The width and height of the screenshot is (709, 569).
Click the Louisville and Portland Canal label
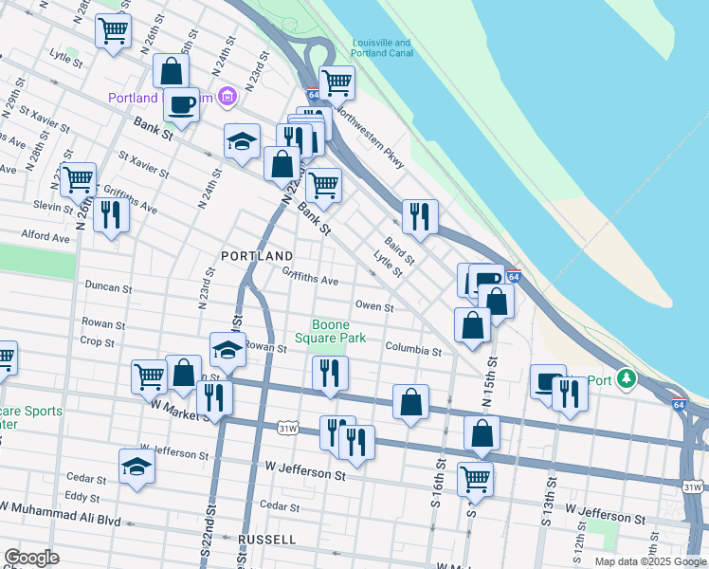click(381, 48)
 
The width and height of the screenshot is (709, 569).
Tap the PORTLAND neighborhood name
click(257, 256)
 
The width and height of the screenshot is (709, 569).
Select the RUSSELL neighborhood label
click(268, 539)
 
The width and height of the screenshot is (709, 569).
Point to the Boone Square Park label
click(329, 331)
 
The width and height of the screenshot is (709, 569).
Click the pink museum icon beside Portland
click(227, 97)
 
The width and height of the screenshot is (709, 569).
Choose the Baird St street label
click(399, 251)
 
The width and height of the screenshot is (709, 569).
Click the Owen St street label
click(374, 305)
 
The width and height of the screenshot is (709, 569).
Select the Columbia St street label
click(413, 350)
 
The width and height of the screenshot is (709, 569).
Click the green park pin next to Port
click(625, 379)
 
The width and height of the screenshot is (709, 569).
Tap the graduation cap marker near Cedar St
click(137, 466)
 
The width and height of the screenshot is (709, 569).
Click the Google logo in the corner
click(32, 558)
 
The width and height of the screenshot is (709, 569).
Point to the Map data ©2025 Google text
click(650, 561)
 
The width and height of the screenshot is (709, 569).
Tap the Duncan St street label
click(107, 285)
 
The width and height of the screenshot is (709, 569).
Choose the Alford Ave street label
click(46, 236)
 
